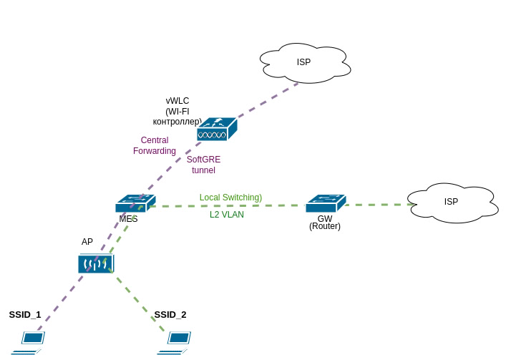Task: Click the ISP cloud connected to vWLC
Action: click(x=305, y=62)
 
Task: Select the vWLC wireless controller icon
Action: click(x=216, y=130)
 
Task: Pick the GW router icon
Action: click(x=325, y=203)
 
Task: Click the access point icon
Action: click(x=95, y=263)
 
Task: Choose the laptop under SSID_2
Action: click(x=176, y=341)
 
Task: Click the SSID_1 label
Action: click(x=25, y=314)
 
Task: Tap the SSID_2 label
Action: click(x=170, y=314)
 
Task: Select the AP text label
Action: click(x=87, y=242)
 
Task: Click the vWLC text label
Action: click(x=177, y=101)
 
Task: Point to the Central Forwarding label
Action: click(x=155, y=145)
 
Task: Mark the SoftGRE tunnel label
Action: click(x=203, y=165)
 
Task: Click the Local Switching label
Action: click(x=230, y=197)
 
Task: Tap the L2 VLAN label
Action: click(x=226, y=214)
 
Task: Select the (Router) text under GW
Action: click(x=325, y=226)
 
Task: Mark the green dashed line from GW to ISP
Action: click(x=379, y=205)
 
